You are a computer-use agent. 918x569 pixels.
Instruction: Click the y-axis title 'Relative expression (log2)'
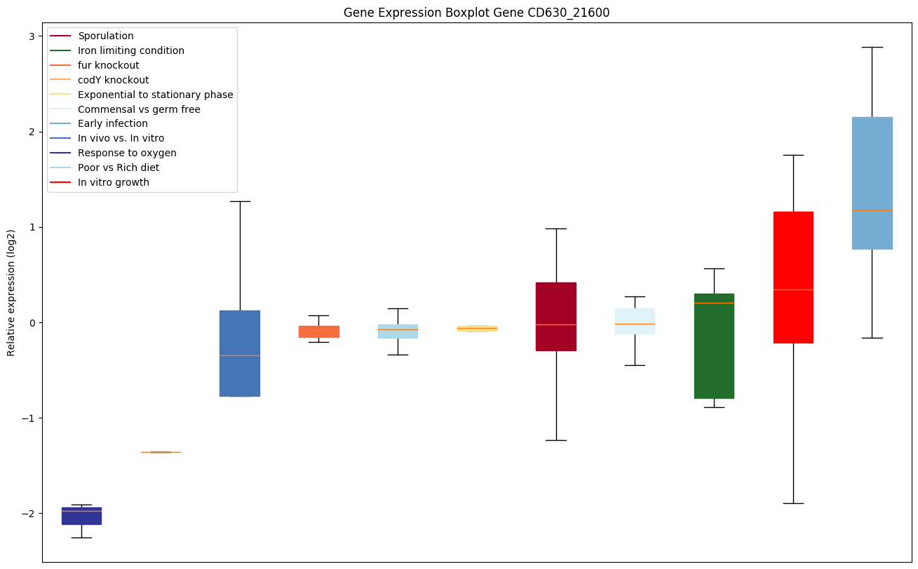click(x=11, y=292)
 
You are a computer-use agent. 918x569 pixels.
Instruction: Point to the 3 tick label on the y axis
click(x=32, y=36)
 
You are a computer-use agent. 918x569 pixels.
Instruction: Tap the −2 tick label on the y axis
click(x=30, y=514)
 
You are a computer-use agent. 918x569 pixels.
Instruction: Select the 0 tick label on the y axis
click(x=32, y=323)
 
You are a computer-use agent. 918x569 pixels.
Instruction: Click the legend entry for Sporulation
click(x=106, y=36)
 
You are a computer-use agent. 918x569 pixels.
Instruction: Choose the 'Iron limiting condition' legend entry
click(x=131, y=50)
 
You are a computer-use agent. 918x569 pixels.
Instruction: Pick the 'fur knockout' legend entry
click(x=109, y=65)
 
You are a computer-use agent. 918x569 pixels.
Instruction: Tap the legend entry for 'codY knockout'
click(x=114, y=80)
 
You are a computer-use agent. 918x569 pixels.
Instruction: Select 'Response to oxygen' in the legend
click(x=127, y=153)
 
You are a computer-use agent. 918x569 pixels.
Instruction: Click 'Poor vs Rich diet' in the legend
click(x=119, y=167)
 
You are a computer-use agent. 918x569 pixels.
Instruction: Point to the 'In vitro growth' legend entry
click(x=114, y=182)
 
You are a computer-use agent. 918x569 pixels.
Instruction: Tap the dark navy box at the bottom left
click(x=81, y=516)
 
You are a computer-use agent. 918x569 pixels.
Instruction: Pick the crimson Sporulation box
click(x=556, y=317)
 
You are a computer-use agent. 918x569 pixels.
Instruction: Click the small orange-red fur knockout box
click(x=319, y=331)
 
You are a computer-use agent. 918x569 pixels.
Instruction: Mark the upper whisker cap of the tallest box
click(x=872, y=48)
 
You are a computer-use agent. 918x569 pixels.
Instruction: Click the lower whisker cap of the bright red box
click(x=793, y=503)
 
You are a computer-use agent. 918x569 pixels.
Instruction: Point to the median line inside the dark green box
click(x=714, y=303)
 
